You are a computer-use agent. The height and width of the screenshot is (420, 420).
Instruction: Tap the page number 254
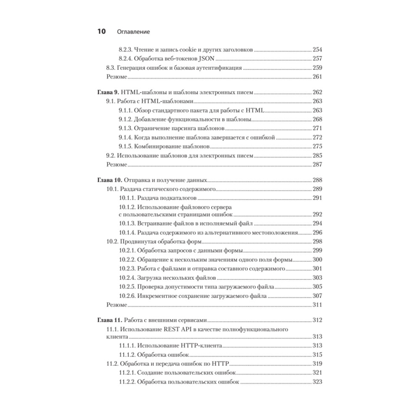coord(317,49)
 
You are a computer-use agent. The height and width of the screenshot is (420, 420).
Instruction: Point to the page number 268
coord(317,119)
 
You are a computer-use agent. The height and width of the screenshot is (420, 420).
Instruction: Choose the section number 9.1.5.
coord(126,146)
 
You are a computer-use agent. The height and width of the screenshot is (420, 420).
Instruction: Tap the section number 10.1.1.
coord(127,198)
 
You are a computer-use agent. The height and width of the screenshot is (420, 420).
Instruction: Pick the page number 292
coord(317,214)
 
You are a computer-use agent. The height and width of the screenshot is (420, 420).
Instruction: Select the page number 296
coord(317,232)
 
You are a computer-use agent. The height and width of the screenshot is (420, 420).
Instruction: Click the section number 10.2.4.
coord(127,278)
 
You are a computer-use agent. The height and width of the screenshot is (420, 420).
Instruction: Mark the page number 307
coord(317,296)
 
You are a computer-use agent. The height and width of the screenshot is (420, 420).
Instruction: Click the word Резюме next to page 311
coord(116,305)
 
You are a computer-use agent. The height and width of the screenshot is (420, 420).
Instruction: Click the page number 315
coord(317,355)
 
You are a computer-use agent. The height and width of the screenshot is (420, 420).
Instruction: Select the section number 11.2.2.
coord(127,382)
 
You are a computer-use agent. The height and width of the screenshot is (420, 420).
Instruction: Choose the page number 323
coord(317,382)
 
